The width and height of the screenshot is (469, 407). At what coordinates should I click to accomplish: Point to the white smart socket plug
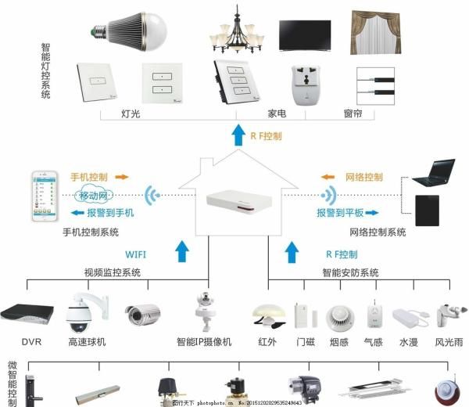(x=306, y=83)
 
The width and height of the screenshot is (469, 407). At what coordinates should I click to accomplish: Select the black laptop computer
(x=434, y=172)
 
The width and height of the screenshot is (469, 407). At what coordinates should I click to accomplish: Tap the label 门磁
(x=304, y=342)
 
